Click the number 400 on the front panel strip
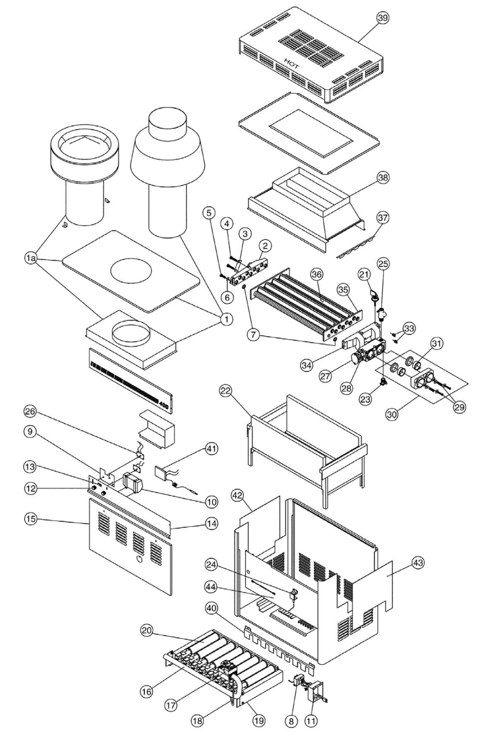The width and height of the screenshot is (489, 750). point(164,407)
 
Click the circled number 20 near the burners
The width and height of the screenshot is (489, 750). point(147,631)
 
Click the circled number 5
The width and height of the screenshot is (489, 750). point(209,213)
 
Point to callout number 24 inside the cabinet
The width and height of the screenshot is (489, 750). point(211,564)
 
